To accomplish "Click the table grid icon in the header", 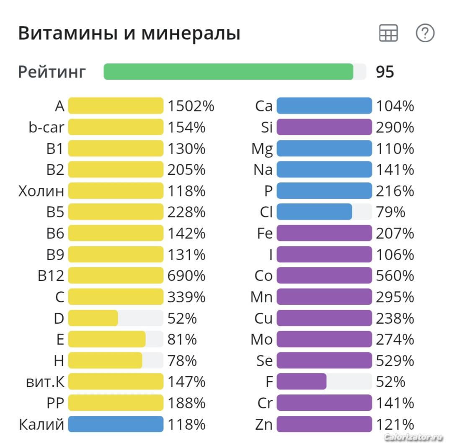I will [x=388, y=33].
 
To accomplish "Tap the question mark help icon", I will [x=425, y=33].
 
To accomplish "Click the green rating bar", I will [x=228, y=72].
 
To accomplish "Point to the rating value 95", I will [x=385, y=72].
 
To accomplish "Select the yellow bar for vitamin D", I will [x=93, y=318].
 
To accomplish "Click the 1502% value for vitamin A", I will [x=191, y=106].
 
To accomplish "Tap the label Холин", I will [x=41, y=191].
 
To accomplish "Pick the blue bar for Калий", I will [x=116, y=424].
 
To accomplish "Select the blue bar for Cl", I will [x=314, y=212].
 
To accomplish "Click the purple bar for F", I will [x=302, y=382].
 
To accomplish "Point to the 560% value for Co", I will [x=395, y=276].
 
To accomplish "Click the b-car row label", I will [x=46, y=127].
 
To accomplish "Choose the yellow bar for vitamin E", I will [x=107, y=339].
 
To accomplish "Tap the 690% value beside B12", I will [x=187, y=276].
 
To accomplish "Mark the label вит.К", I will [x=45, y=382].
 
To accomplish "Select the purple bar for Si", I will [x=324, y=127].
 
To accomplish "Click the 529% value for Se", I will [x=395, y=360].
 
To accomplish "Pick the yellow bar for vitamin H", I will [x=105, y=360].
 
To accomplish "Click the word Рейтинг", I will [x=52, y=72].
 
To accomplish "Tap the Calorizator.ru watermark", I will [x=413, y=437].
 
